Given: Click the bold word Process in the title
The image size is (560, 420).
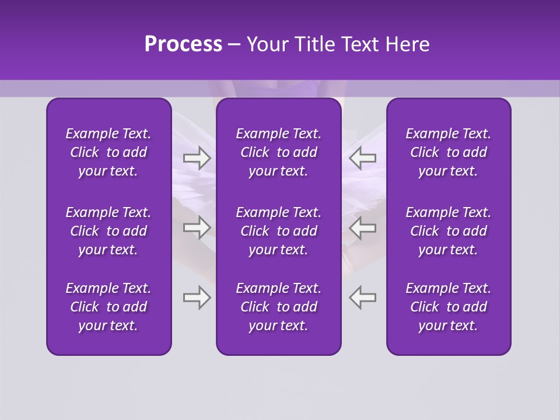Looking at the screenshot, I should tap(183, 44).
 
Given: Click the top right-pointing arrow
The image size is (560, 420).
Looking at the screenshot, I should tap(197, 158).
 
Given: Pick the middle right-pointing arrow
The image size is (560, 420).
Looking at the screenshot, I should tap(197, 228).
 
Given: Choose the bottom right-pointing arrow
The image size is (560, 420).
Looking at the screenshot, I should tap(197, 297).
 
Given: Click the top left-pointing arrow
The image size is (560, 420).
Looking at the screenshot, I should tap(363, 158).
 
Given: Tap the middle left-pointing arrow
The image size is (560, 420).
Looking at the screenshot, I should tap(363, 228).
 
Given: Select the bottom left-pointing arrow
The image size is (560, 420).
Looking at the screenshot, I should tap(363, 297).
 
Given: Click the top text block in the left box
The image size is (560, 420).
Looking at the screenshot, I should tap(108, 152).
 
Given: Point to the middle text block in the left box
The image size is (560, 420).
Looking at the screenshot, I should tap(108, 231).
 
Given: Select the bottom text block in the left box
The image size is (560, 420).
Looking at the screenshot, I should tap(108, 307).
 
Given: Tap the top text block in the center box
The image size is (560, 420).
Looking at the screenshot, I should tap(278, 152).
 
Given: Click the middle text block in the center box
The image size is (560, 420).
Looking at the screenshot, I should tap(278, 231).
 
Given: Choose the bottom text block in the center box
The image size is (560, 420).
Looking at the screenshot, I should tap(278, 307).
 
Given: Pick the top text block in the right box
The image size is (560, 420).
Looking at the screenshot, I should tap(448, 152).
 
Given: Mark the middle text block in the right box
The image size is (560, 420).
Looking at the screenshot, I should tap(448, 231).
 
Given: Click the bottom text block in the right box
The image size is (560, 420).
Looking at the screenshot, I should tap(448, 307).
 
